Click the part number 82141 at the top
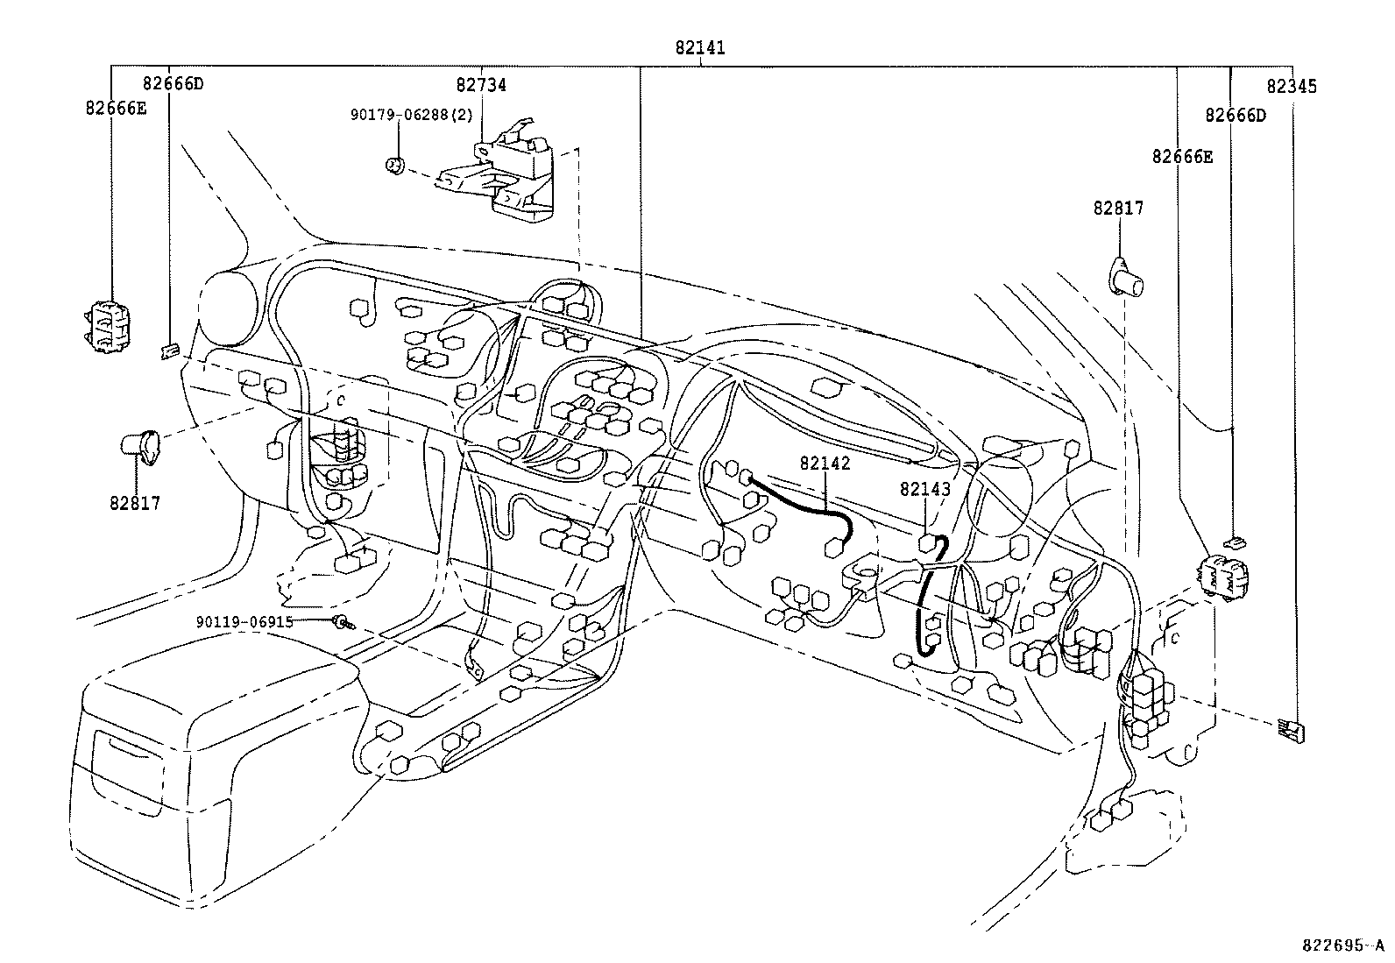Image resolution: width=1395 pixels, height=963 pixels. click(x=700, y=47)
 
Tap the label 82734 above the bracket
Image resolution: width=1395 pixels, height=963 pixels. click(x=481, y=85)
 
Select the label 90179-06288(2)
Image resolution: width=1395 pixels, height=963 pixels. click(x=412, y=115)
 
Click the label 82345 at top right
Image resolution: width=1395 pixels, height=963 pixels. click(x=1292, y=87)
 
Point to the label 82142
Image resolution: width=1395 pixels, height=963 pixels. click(x=825, y=463)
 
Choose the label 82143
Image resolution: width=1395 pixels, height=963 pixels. click(x=924, y=489)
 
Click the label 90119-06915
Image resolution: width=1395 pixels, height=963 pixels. click(x=244, y=621)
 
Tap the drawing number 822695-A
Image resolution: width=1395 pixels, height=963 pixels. click(x=1342, y=945)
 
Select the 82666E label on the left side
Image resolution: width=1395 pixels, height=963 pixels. click(x=116, y=109)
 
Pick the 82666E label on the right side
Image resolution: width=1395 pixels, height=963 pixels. click(x=1182, y=156)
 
